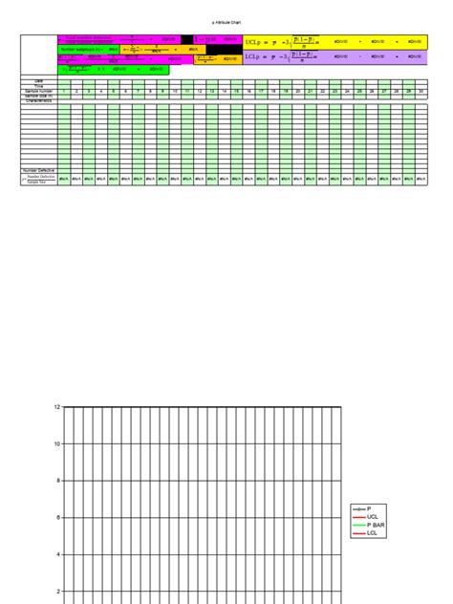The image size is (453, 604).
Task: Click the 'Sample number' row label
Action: pos(39,91)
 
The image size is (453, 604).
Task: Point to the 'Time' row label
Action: pos(39,86)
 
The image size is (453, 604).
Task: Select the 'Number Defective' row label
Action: pos(39,171)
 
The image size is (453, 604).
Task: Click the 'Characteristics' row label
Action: pos(39,100)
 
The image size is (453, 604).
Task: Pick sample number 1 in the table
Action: pos(63,91)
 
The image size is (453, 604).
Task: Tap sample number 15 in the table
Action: pos(236,91)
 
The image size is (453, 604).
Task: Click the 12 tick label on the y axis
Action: pos(56,407)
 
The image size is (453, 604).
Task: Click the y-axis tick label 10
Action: pos(56,443)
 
